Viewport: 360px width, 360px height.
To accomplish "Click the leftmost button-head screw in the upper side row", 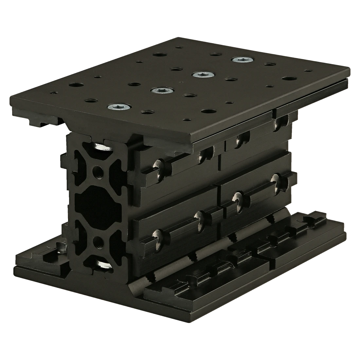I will click(160, 164).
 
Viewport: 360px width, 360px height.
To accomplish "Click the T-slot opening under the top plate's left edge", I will click(49, 123).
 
